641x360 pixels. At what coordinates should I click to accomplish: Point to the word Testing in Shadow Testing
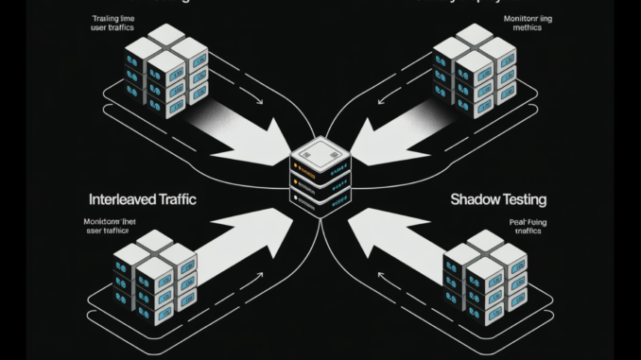coord(524,199)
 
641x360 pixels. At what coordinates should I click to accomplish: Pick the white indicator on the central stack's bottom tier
coord(297,198)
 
